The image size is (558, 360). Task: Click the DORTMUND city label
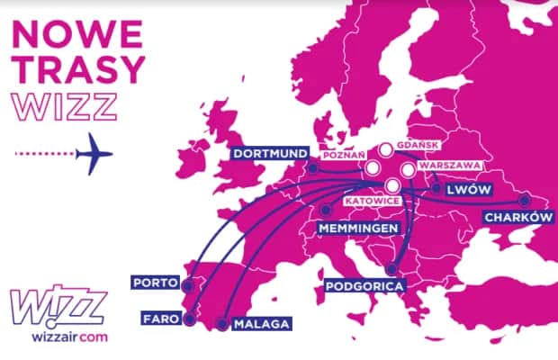coord(269,153)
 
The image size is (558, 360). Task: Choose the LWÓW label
coord(463,189)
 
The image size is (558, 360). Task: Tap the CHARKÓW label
coord(517,218)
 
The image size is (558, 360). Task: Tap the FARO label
coord(158,318)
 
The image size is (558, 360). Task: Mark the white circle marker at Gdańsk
coord(385,150)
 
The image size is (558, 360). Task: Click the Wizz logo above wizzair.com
coord(56,307)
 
